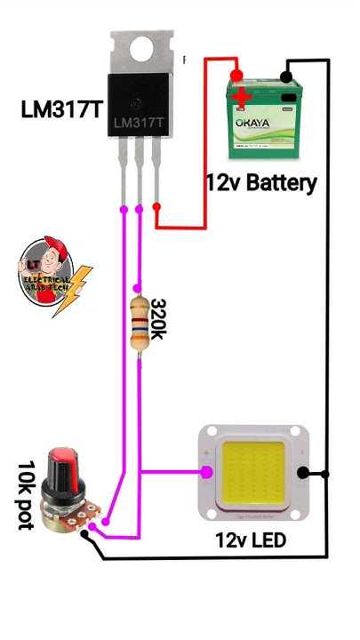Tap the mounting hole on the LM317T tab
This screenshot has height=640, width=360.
pyautogui.click(x=140, y=51)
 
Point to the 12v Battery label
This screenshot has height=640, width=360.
pyautogui.click(x=260, y=183)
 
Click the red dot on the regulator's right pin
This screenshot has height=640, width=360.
pyautogui.click(x=156, y=208)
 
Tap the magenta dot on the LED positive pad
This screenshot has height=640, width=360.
pyautogui.click(x=205, y=472)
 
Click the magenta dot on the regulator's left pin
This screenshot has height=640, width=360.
pyautogui.click(x=124, y=210)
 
